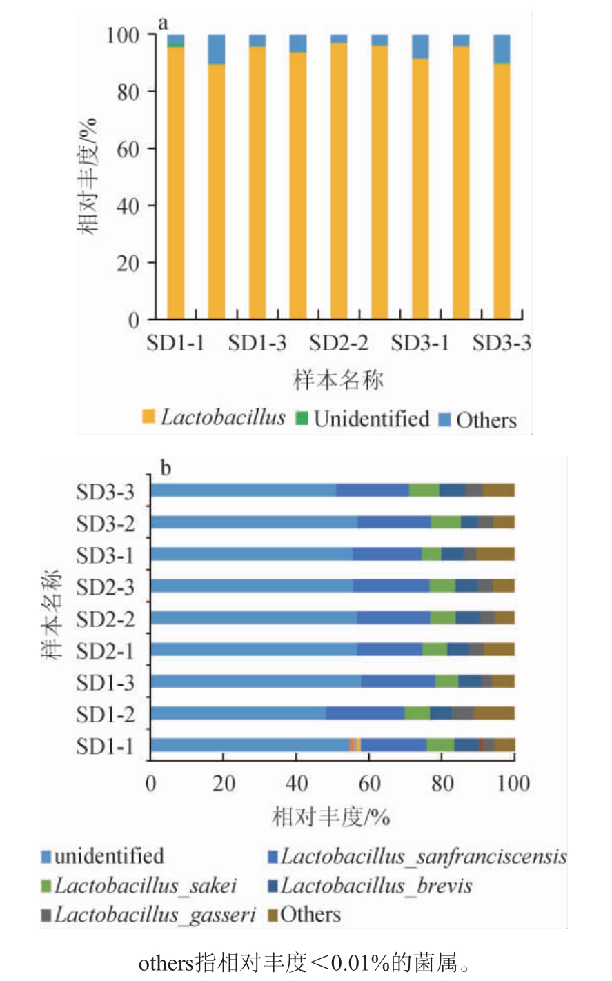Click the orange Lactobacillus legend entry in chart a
click(214, 417)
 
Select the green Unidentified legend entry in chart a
click(363, 419)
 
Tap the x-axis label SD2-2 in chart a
click(338, 343)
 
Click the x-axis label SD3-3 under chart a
click(502, 343)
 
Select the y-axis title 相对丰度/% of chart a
click(88, 177)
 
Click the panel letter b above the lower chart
click(166, 468)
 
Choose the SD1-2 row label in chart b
click(106, 715)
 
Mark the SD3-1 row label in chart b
click(106, 555)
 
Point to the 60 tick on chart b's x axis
click(369, 784)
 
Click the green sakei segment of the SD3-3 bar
click(424, 490)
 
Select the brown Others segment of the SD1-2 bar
click(494, 713)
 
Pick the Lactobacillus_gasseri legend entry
click(148, 915)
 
